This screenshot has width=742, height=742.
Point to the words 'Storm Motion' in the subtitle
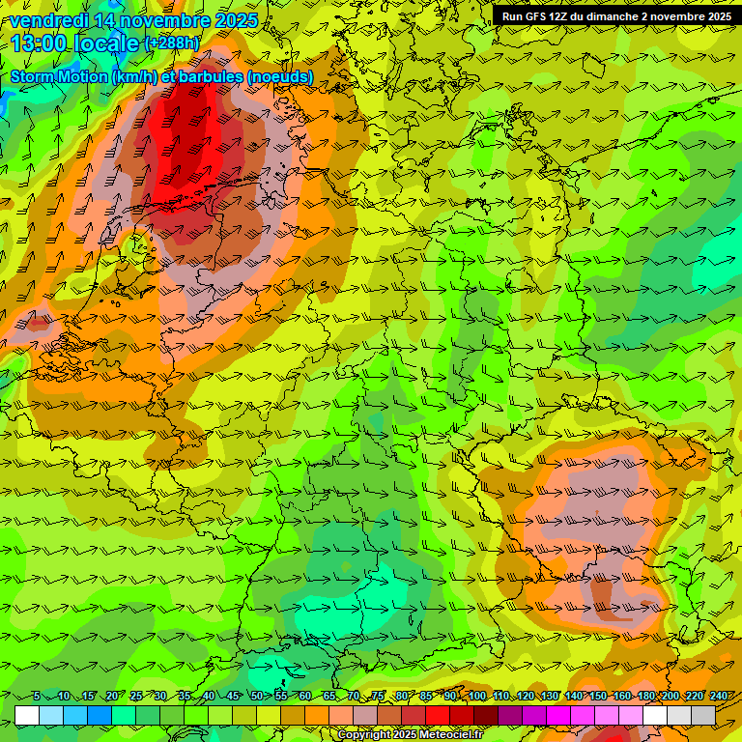pyautogui.click(x=59, y=76)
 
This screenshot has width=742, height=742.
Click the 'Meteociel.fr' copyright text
pyautogui.click(x=450, y=735)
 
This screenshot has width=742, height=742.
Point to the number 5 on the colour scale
pyautogui.click(x=36, y=697)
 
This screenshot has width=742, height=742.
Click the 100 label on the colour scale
pyautogui.click(x=475, y=697)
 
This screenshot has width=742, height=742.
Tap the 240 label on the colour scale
pyautogui.click(x=718, y=697)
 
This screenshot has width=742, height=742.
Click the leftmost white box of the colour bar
pyautogui.click(x=27, y=715)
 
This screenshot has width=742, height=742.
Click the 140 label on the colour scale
pyautogui.click(x=573, y=697)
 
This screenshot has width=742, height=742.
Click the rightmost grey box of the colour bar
pyautogui.click(x=703, y=715)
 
